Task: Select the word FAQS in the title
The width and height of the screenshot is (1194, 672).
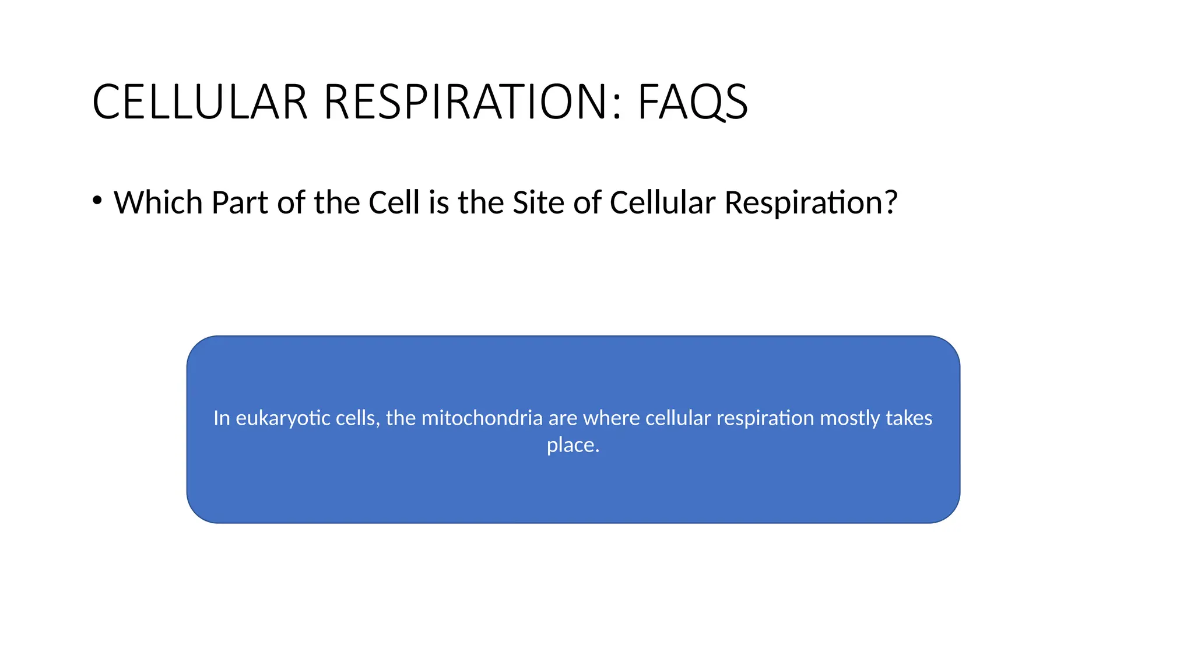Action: point(693,102)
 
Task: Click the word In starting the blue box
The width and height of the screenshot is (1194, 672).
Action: point(222,418)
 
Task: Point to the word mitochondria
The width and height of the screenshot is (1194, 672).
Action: point(482,418)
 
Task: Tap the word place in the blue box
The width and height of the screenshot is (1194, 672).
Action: point(571,446)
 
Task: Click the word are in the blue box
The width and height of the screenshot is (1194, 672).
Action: point(563,419)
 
